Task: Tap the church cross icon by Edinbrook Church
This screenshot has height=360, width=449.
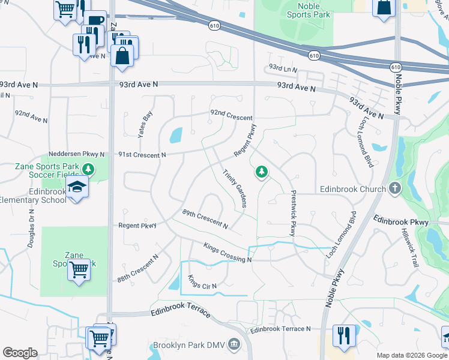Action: point(394,189)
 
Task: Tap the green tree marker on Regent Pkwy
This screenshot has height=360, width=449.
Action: point(261,172)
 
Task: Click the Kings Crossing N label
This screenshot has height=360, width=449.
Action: point(227,253)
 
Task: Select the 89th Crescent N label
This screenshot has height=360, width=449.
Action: point(205,219)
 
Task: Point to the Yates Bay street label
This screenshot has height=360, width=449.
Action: point(145,125)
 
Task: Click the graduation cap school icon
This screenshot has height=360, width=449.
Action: point(77,188)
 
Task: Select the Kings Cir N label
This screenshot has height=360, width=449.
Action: point(202,281)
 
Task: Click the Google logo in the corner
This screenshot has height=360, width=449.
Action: point(20,353)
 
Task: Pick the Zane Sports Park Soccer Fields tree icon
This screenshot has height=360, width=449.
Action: point(89,169)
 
